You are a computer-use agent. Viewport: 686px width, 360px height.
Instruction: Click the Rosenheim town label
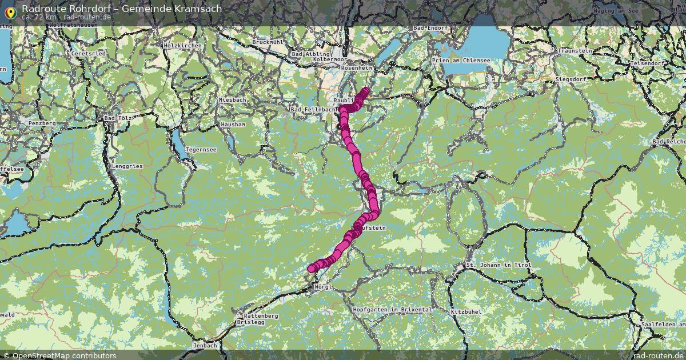356,68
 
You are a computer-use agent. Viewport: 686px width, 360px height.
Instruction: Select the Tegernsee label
201,150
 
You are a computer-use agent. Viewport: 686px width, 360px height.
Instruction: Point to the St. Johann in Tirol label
498,266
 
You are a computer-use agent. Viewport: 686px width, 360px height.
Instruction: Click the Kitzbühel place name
463,312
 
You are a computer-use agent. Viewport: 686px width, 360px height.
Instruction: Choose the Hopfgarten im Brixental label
392,309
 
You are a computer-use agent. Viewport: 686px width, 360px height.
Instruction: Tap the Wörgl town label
323,287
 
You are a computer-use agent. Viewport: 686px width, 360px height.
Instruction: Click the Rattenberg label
261,316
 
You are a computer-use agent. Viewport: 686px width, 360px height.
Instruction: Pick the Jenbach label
205,345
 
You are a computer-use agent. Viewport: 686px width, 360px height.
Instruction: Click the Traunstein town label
575,51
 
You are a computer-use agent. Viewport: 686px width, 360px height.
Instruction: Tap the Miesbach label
232,100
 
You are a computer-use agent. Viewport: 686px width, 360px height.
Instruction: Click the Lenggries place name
127,166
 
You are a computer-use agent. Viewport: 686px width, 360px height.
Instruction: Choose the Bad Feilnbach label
313,109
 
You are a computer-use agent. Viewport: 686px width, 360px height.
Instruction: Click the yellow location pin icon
10,11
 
